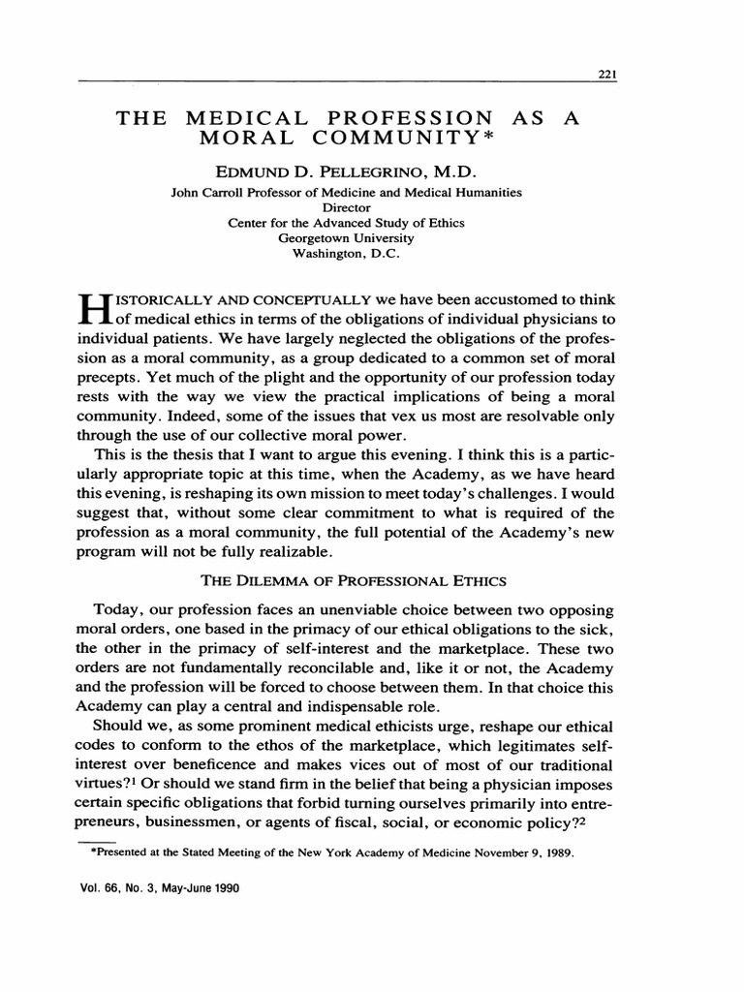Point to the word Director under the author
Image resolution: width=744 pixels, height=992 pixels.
(346, 207)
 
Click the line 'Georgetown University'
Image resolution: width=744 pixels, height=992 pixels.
(346, 236)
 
